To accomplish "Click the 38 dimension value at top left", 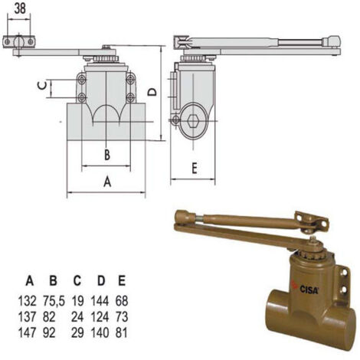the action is (20, 8).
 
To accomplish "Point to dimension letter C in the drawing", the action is (42, 86).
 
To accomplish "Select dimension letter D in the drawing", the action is (152, 92).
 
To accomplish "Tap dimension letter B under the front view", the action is (107, 155).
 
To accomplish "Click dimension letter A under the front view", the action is (107, 182).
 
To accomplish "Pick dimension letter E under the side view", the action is (195, 169).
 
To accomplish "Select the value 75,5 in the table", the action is (54, 301).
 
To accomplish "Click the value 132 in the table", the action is (28, 301).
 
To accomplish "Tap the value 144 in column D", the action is (100, 301).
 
